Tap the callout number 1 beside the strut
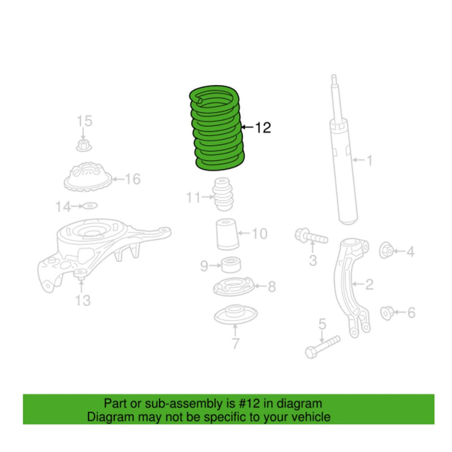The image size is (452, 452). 370,162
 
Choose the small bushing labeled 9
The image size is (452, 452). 230,264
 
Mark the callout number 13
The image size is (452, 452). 83,301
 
